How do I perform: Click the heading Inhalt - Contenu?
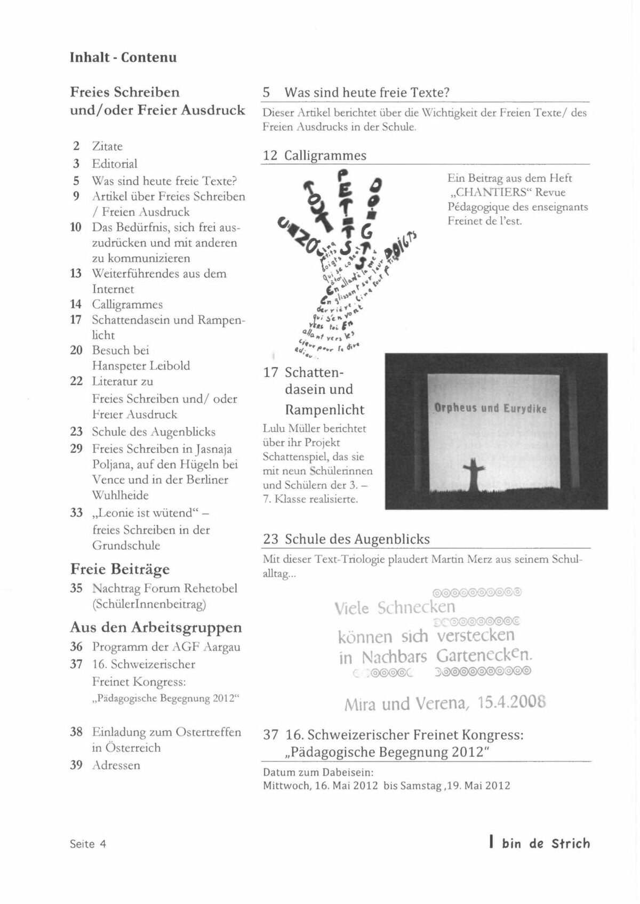coord(123,58)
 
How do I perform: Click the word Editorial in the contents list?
coord(115,164)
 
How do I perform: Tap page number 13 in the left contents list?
coord(76,274)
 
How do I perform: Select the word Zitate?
coord(107,146)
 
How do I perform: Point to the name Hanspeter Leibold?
coord(141,366)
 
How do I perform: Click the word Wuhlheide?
coord(120,495)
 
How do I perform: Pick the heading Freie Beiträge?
coord(120,569)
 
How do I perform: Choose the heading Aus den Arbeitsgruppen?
coord(156,627)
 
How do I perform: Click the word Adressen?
coord(116,765)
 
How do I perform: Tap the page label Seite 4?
coord(88,844)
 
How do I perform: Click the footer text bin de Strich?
coord(546,844)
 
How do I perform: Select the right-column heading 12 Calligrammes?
coord(315,156)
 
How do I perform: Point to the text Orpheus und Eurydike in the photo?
coord(490,409)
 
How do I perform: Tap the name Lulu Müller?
coord(292,428)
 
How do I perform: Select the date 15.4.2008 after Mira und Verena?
coord(512,703)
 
